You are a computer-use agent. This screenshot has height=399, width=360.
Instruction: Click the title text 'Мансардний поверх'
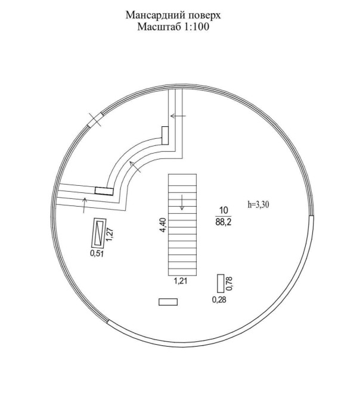pos(173,15)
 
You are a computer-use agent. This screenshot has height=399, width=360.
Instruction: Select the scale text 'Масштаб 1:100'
pos(173,27)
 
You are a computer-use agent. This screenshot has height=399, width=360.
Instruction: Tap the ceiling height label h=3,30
pos(258,205)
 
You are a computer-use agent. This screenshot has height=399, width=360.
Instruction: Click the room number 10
pos(224,210)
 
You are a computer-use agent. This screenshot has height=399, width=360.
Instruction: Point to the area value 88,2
pos(224,222)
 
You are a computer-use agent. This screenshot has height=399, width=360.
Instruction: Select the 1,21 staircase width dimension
pos(181,281)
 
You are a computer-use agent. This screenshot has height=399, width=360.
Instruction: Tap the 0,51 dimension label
pos(97,254)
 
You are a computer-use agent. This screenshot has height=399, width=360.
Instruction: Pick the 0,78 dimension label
pos(229,283)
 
